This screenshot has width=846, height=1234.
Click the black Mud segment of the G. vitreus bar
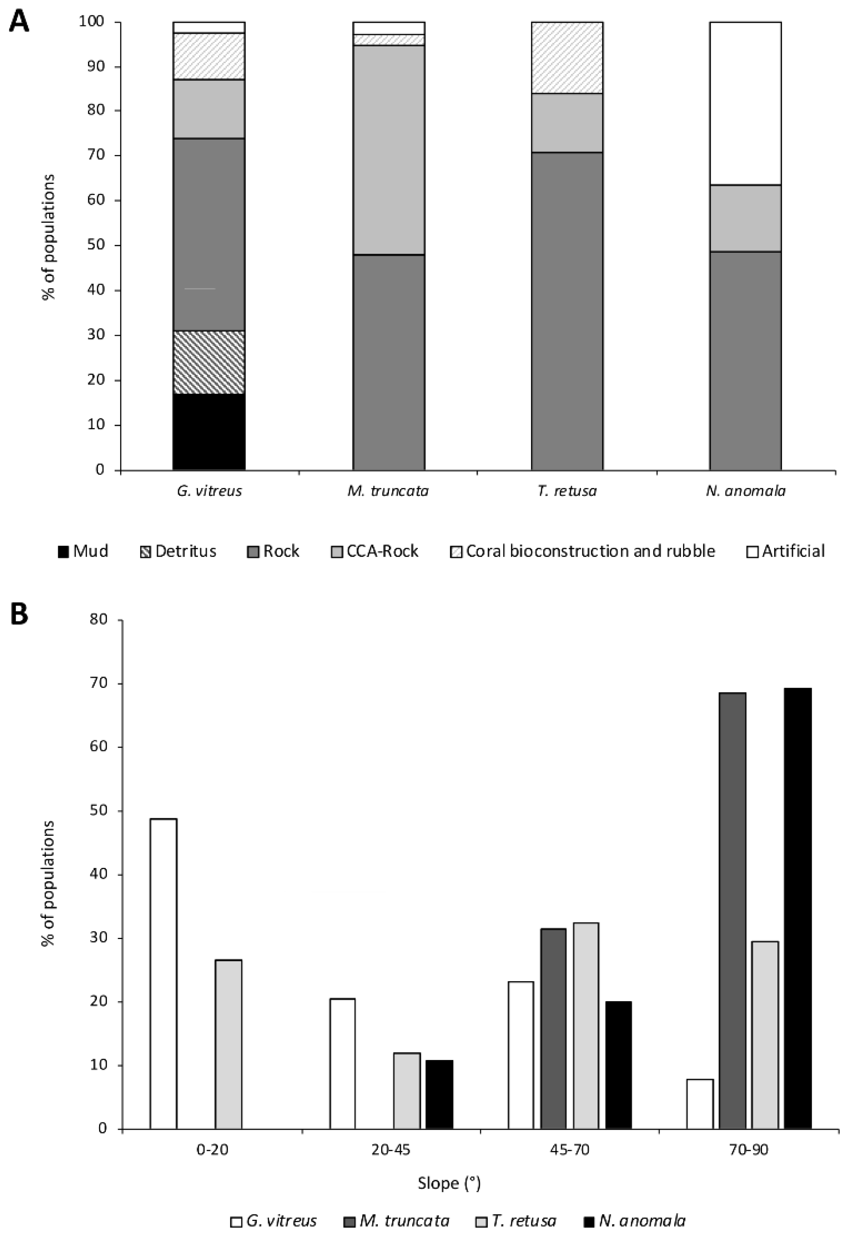coord(209,432)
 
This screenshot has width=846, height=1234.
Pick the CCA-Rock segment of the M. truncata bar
coord(389,150)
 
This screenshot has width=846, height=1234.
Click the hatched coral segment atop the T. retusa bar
coord(567,57)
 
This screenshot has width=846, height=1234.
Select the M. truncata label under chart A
coord(388,491)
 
